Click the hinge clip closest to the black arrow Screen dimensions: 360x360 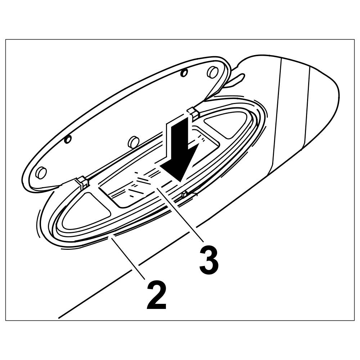(x=194, y=114)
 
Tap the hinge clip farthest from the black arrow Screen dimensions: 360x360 (x=82, y=183)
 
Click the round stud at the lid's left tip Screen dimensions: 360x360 (x=41, y=173)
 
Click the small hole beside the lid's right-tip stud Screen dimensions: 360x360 (x=184, y=73)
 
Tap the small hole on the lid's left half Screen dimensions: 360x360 (x=68, y=139)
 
